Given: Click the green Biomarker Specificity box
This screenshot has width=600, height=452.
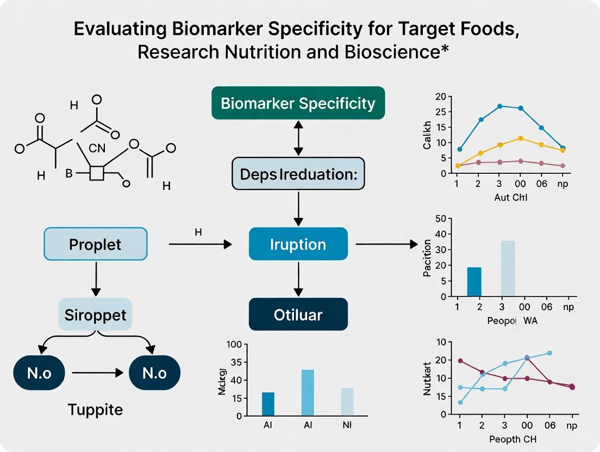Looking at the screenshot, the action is [298, 103].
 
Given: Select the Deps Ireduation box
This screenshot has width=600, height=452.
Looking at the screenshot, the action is [298, 173].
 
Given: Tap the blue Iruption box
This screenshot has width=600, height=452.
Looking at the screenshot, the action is [298, 244].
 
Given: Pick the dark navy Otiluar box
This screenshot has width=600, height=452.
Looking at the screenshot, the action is [298, 314].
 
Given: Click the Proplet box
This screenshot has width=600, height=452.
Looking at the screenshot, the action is [95, 244].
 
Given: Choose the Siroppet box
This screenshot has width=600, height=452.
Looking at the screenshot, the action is [95, 315].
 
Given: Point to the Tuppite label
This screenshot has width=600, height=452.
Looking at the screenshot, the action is [95, 409].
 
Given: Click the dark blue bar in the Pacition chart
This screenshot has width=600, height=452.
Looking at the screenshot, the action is [474, 282].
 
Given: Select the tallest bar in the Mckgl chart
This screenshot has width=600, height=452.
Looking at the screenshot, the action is [307, 393].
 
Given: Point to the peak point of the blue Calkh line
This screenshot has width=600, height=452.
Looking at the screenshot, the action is [500, 106].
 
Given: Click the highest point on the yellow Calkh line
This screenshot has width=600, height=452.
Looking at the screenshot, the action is [521, 138].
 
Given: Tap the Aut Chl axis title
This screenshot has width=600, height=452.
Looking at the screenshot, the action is [511, 197].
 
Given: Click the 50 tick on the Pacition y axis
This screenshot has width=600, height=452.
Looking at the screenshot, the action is [441, 219].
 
